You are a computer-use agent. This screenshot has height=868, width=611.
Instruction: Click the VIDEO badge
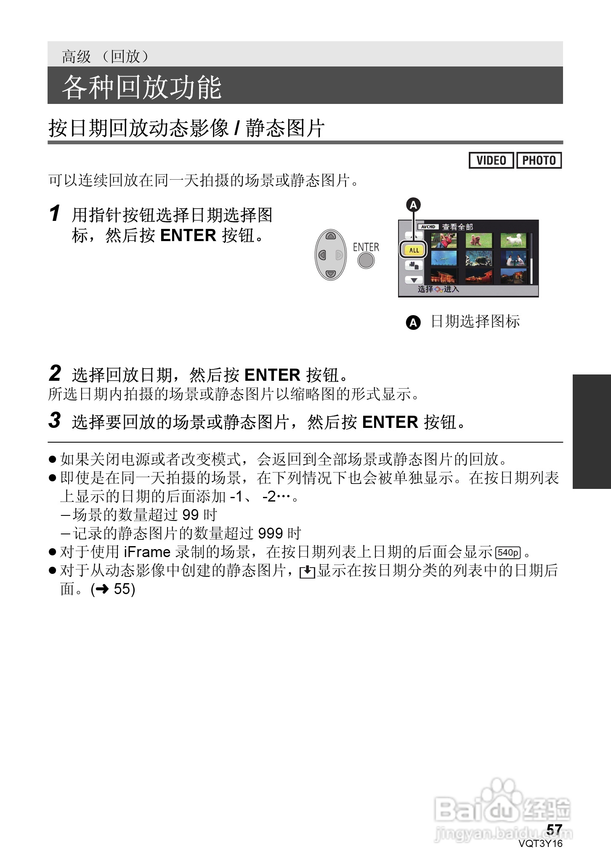click(x=491, y=160)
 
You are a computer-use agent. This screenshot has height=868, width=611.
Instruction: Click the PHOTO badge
click(x=539, y=160)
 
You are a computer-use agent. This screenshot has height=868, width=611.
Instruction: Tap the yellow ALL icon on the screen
click(x=414, y=250)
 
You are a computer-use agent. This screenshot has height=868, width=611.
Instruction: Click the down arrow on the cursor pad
click(x=331, y=274)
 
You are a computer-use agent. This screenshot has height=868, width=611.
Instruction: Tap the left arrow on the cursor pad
click(x=322, y=255)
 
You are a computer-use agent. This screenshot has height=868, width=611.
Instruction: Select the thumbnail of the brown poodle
click(x=478, y=241)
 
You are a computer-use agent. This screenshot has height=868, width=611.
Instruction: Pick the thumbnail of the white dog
click(x=513, y=241)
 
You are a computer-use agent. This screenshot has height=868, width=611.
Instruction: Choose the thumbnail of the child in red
click(x=444, y=241)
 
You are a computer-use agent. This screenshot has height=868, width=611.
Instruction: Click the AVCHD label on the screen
click(x=428, y=227)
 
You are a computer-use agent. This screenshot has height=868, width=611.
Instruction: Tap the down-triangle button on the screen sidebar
click(x=414, y=280)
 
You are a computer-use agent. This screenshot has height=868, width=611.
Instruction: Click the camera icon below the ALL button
click(x=414, y=265)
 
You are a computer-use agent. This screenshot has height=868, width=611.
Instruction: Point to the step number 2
click(x=55, y=373)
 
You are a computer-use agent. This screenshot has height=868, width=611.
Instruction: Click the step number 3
click(x=55, y=420)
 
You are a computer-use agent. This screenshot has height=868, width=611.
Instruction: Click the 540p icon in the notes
click(x=508, y=552)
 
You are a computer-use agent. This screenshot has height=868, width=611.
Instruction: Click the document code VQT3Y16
click(x=540, y=844)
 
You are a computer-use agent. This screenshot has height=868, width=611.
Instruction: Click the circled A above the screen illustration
click(x=413, y=205)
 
